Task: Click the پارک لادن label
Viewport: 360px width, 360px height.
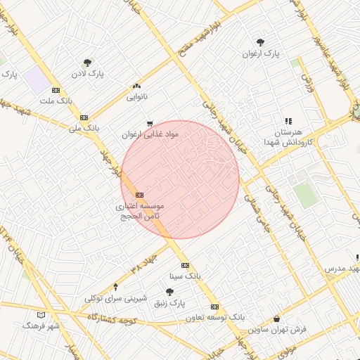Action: pyautogui.click(x=87, y=73)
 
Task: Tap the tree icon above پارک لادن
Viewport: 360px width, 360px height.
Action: pyautogui.click(x=87, y=63)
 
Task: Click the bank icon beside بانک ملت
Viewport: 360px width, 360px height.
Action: pyautogui.click(x=56, y=91)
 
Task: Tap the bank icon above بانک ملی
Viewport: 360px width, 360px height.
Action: pyautogui.click(x=84, y=118)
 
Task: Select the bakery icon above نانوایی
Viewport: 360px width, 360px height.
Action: pyautogui.click(x=136, y=86)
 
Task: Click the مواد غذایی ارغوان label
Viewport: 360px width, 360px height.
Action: pyautogui.click(x=150, y=134)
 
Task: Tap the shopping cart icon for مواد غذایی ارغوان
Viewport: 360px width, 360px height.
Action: pyautogui.click(x=149, y=124)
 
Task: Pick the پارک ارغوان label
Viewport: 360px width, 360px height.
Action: pyautogui.click(x=261, y=53)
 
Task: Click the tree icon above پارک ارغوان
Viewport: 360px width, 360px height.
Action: pyautogui.click(x=261, y=42)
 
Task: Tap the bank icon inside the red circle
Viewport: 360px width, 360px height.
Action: pyautogui.click(x=139, y=195)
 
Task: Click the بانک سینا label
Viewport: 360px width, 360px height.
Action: pyautogui.click(x=185, y=276)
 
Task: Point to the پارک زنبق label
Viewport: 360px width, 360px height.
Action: pyautogui.click(x=169, y=302)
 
